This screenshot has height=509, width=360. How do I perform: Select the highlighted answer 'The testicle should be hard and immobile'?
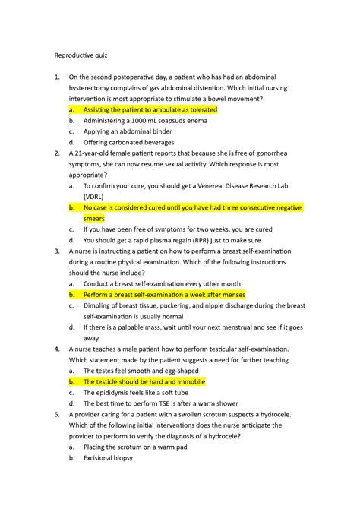(x=144, y=382)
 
